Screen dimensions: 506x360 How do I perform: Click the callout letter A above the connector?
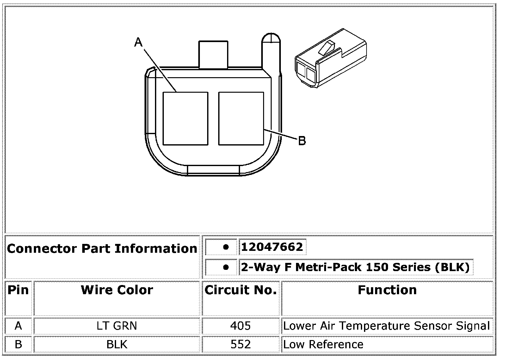(138, 42)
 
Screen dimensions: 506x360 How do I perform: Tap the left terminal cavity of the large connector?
(185, 118)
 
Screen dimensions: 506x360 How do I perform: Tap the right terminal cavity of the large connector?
(241, 118)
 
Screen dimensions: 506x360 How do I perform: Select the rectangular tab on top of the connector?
(213, 54)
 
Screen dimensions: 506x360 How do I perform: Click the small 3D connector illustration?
(330, 58)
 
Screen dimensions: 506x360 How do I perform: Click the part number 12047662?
(272, 246)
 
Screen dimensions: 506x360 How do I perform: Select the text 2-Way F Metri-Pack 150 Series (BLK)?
(355, 267)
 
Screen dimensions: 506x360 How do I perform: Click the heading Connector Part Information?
(102, 249)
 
